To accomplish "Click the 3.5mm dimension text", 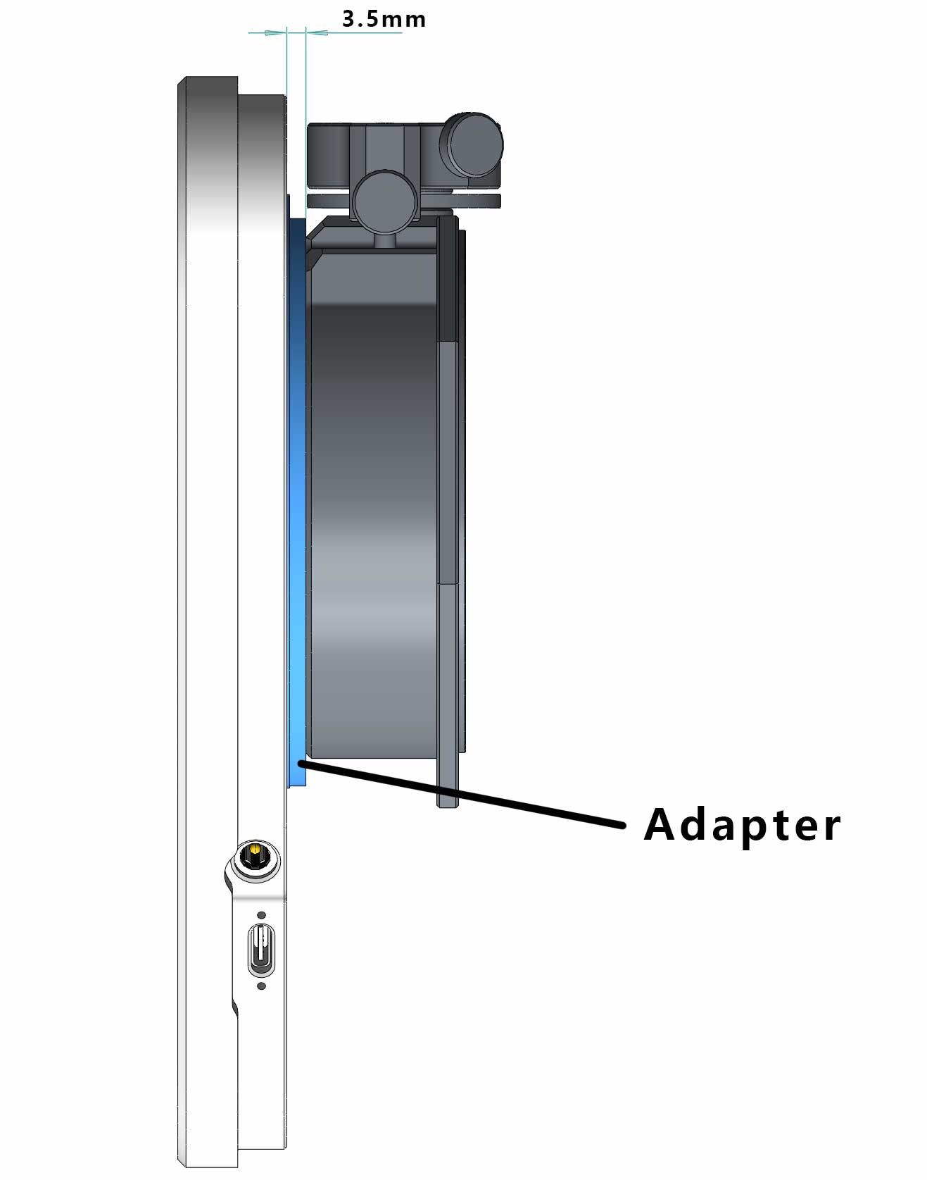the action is click(384, 19).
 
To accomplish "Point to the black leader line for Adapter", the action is click(462, 794).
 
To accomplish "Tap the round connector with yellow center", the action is click(256, 857).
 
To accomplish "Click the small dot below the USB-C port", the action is click(262, 986).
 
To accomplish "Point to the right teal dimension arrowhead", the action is click(317, 32).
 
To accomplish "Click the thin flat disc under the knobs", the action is click(405, 201).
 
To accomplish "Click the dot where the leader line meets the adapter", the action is click(302, 762).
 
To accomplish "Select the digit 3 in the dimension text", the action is click(349, 19).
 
